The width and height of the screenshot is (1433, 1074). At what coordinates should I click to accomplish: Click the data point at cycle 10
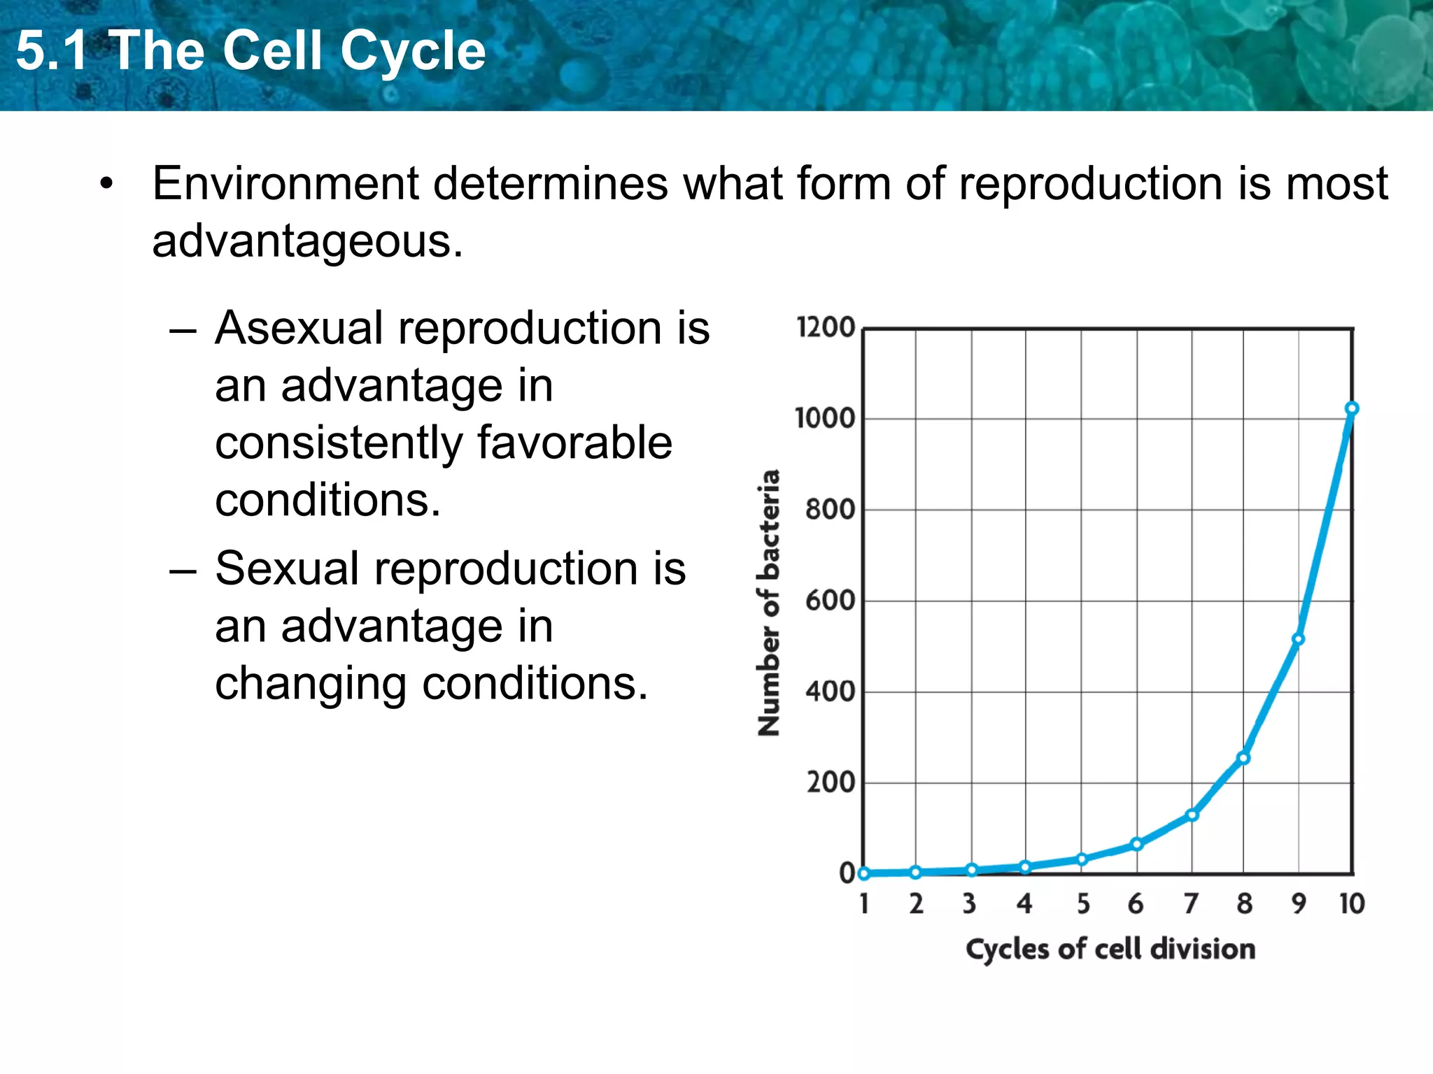[x=1352, y=409]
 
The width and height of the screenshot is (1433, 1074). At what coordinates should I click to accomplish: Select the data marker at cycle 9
[x=1298, y=639]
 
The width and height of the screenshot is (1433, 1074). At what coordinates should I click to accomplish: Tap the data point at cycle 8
[x=1243, y=758]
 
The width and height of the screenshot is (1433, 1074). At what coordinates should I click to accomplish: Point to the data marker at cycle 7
[x=1192, y=815]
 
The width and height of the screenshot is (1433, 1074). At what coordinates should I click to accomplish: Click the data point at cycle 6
[x=1137, y=844]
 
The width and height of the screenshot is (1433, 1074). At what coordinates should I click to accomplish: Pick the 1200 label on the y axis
[x=826, y=327]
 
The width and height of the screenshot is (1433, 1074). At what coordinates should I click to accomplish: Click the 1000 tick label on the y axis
[x=825, y=418]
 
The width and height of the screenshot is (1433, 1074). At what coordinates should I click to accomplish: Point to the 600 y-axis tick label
[x=830, y=601]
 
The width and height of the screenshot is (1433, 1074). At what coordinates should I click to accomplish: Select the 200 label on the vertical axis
[x=831, y=782]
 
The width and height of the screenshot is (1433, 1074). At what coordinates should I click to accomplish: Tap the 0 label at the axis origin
[x=847, y=873]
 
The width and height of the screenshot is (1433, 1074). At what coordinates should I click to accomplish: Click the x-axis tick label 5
[x=1083, y=904]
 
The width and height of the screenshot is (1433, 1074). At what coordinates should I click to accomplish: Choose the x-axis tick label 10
[x=1352, y=904]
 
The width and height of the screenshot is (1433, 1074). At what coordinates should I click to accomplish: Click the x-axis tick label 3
[x=969, y=904]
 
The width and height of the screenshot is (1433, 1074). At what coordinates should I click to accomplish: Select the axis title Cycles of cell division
[x=1110, y=950]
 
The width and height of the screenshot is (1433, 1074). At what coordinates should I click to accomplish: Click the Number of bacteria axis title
[x=769, y=602]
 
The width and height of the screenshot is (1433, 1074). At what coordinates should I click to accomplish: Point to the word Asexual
[x=299, y=329]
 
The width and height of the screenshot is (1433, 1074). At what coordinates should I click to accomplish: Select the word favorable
[x=574, y=443]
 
